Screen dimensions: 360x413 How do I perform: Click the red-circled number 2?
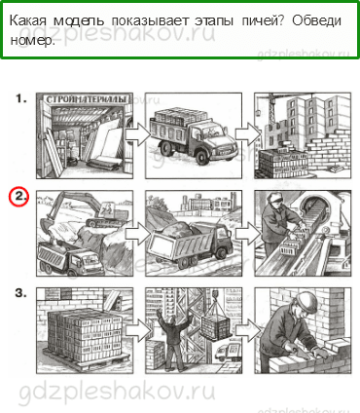click(18, 197)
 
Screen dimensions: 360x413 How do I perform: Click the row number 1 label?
click(21, 98)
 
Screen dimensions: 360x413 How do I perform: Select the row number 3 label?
click(20, 293)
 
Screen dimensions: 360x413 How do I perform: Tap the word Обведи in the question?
click(316, 20)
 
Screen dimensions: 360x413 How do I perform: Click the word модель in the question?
click(79, 21)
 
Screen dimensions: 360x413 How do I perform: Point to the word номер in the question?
click(31, 40)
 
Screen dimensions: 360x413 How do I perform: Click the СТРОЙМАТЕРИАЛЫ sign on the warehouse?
click(85, 99)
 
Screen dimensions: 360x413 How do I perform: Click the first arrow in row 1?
click(138, 133)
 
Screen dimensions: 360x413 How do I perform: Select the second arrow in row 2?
click(248, 233)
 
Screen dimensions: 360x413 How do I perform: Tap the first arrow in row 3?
click(138, 330)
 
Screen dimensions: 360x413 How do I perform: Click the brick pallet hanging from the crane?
click(216, 324)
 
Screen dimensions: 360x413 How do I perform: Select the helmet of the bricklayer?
click(306, 300)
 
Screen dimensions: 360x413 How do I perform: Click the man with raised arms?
click(173, 338)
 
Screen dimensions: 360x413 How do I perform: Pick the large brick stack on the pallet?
click(84, 336)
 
